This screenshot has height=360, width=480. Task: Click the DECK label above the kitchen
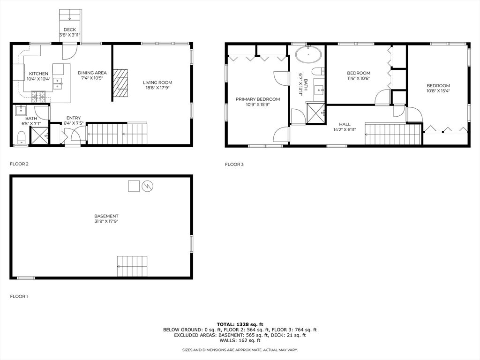point(70,30)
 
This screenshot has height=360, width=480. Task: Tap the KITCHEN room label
point(38,74)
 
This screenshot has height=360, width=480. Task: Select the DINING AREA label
point(92,73)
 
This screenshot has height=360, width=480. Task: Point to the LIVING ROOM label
point(157,82)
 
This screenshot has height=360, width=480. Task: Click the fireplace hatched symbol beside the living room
point(121,83)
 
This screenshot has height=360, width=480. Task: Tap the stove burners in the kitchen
point(38,97)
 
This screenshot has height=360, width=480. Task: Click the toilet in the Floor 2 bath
point(21,138)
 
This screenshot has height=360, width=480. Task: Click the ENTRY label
point(74,118)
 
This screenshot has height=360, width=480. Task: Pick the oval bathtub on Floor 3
point(308,55)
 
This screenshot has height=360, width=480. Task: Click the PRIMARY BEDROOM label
point(258,99)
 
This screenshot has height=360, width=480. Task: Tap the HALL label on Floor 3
point(345,124)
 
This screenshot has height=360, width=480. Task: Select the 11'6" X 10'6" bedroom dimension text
point(359,79)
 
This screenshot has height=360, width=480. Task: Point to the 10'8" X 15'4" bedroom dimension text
point(438,91)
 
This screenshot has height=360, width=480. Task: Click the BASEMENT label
point(106,216)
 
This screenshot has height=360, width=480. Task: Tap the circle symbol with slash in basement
point(148,186)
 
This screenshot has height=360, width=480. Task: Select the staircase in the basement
point(132,266)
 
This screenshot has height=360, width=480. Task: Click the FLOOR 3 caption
point(234,165)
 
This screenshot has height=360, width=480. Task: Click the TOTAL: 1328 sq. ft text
point(240,324)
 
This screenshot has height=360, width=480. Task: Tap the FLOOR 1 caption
point(19,296)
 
